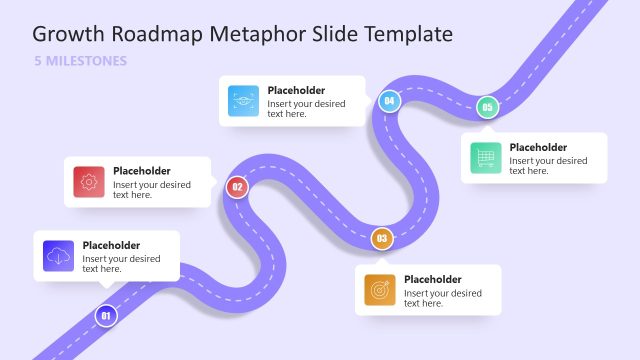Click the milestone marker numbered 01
(x=106, y=317)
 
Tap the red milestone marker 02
(x=237, y=186)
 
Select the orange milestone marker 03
(x=381, y=239)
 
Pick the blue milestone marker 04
(x=389, y=101)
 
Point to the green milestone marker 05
(x=487, y=107)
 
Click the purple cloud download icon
(x=59, y=257)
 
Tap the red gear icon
(x=89, y=182)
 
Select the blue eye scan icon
(x=244, y=101)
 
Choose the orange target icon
(x=380, y=290)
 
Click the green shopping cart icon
(x=486, y=158)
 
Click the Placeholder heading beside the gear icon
(x=141, y=171)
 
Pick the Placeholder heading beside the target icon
(x=432, y=279)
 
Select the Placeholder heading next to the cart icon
(x=538, y=147)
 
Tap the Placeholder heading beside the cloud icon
(x=111, y=245)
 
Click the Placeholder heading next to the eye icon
(x=296, y=90)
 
